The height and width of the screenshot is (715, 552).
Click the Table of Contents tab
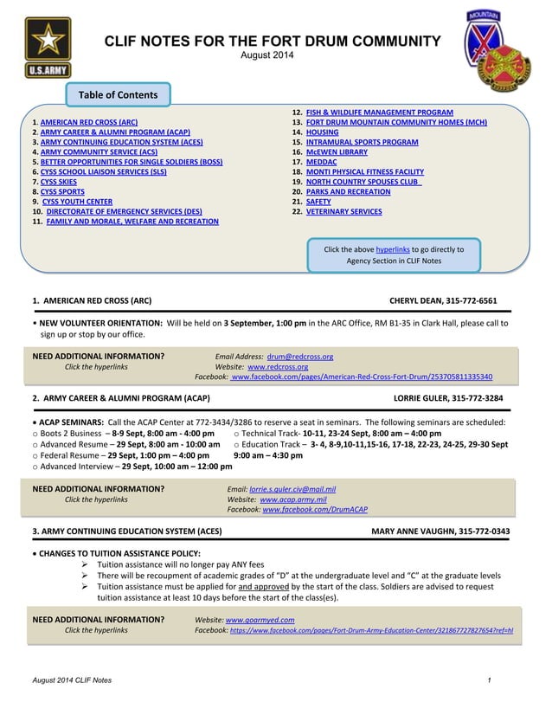pyautogui.click(x=118, y=94)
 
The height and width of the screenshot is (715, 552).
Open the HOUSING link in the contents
pyautogui.click(x=322, y=132)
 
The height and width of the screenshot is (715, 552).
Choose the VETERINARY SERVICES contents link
pyautogui.click(x=343, y=211)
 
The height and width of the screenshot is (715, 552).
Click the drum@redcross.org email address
pyautogui.click(x=300, y=356)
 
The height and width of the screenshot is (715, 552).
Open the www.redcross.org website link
pyautogui.click(x=278, y=366)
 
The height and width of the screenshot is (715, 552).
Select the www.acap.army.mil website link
pyautogui.click(x=293, y=499)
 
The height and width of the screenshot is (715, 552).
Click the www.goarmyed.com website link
pyautogui.click(x=260, y=620)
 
